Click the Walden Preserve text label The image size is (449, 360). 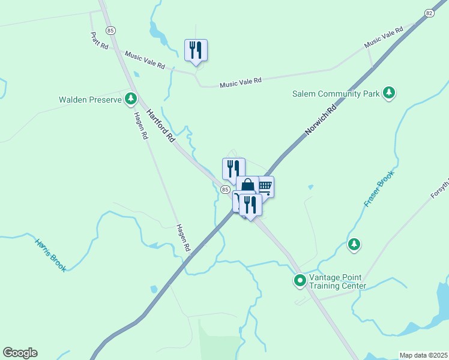pyautogui.click(x=90, y=100)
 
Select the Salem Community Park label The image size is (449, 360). pyautogui.click(x=336, y=94)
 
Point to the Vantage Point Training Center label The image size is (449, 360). pyautogui.click(x=337, y=281)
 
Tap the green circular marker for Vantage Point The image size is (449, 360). pyautogui.click(x=299, y=280)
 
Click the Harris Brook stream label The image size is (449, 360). pyautogui.click(x=50, y=256)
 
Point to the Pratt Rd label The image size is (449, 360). pyautogui.click(x=100, y=41)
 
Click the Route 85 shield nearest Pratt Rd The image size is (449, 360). pyautogui.click(x=110, y=31)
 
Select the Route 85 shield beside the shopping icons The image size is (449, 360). pyautogui.click(x=224, y=189)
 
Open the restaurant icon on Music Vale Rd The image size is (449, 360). pyautogui.click(x=196, y=50)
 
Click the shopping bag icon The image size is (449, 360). pyautogui.click(x=247, y=185)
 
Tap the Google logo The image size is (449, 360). pyautogui.click(x=20, y=353)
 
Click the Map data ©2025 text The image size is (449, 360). pyautogui.click(x=423, y=355)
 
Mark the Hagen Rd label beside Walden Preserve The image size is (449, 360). pyautogui.click(x=140, y=126)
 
